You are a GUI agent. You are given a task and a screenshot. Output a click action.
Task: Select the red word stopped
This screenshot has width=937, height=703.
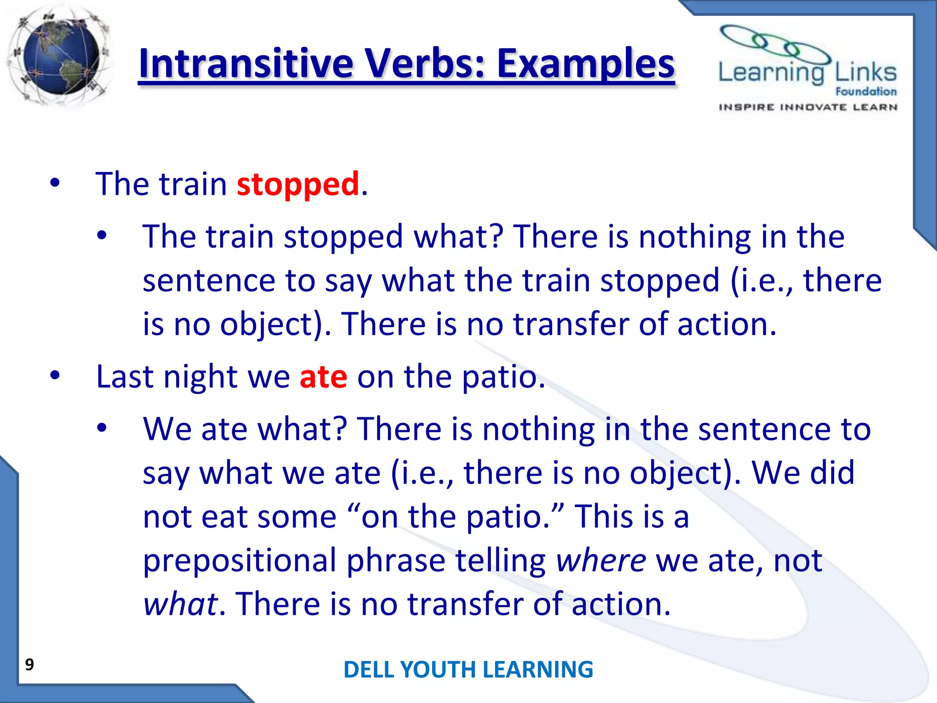(298, 184)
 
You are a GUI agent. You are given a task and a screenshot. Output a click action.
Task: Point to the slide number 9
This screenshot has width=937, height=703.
(29, 664)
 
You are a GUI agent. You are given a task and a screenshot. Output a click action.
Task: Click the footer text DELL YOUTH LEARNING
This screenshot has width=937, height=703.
(468, 669)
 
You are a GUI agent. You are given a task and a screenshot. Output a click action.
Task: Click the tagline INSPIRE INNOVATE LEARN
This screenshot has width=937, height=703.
(808, 107)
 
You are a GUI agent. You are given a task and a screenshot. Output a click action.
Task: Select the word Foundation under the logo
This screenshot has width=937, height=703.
(866, 92)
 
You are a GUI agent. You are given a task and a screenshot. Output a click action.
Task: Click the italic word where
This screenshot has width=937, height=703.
(601, 560)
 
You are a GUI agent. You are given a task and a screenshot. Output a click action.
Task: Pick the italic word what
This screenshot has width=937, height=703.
(180, 604)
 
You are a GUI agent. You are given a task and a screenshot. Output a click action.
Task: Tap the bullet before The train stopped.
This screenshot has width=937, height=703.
(55, 183)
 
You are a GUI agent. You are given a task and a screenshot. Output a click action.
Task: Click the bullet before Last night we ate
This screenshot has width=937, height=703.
(55, 376)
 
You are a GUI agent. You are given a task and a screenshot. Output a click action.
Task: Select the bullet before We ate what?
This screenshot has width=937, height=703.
(102, 428)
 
